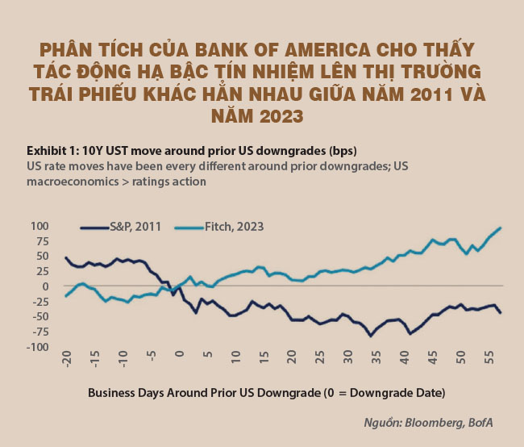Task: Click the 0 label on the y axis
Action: click(47, 286)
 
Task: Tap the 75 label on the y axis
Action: click(42, 241)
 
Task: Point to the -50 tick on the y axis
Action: click(39, 317)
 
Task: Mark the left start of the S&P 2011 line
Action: click(65, 257)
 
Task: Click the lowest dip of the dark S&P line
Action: click(371, 336)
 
